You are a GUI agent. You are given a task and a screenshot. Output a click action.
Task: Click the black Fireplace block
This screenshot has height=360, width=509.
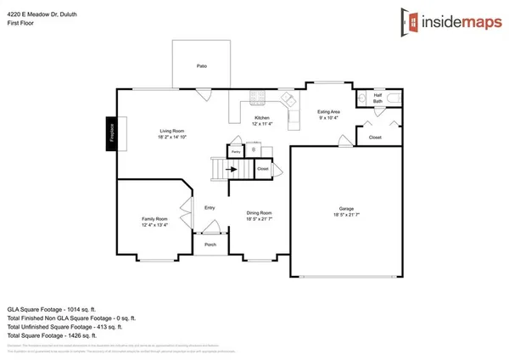[x=110, y=133]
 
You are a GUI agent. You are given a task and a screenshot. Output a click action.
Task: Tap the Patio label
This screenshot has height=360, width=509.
[x=202, y=66]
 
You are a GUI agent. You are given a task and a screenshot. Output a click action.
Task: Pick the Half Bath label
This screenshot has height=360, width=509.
[x=378, y=98]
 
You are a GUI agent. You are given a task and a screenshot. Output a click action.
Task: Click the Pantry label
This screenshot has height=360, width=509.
[x=235, y=151]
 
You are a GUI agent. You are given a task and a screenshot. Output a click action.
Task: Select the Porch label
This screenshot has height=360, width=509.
[x=210, y=245]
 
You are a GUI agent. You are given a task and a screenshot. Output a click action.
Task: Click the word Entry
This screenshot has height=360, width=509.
[x=210, y=207]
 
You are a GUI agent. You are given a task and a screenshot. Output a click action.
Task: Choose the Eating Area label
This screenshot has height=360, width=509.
[x=329, y=111]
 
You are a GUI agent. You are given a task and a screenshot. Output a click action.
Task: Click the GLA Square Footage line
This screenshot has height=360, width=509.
[x=51, y=310]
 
